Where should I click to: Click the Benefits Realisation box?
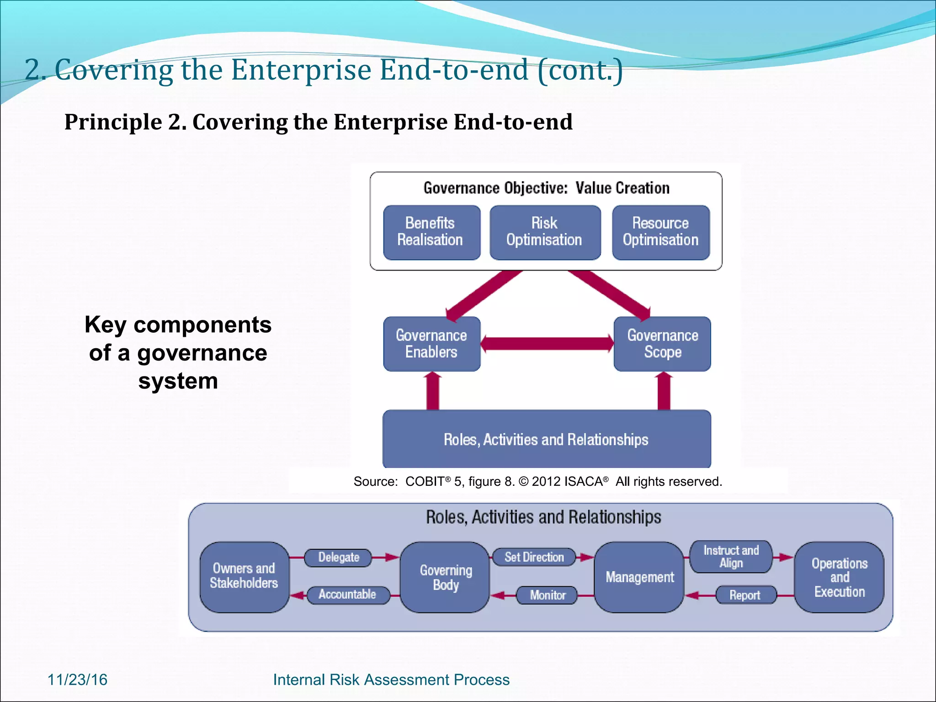[x=431, y=232]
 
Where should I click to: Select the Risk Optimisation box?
[x=544, y=232]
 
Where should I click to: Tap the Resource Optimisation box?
[x=660, y=232]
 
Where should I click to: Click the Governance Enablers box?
[x=431, y=344]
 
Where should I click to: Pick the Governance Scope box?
[x=662, y=344]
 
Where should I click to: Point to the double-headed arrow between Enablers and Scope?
[x=547, y=344]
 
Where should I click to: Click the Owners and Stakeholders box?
[x=244, y=577]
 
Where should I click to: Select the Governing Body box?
[x=445, y=577]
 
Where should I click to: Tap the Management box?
[x=639, y=577]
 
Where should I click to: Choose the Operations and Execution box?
[x=839, y=577]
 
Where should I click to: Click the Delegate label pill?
[x=338, y=558]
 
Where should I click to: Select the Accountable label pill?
[x=347, y=595]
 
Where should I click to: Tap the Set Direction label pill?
[x=534, y=557]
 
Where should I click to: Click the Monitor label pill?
[x=547, y=595]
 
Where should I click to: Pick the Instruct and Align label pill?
[x=731, y=557]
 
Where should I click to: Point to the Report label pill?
[x=745, y=595]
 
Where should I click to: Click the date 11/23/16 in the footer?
[x=77, y=680]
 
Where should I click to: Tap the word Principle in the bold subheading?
[x=113, y=122]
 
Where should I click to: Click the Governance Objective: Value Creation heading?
[x=546, y=188]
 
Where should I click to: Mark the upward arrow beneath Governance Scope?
[x=664, y=391]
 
